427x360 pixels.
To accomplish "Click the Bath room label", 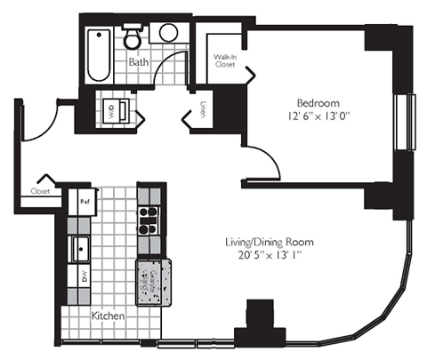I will [x=137, y=63].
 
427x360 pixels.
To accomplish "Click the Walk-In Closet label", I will [x=224, y=61].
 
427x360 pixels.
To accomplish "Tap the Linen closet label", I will [x=204, y=111].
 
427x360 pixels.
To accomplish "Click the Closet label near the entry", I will [x=41, y=190].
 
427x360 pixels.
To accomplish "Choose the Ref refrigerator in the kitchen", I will [x=85, y=201].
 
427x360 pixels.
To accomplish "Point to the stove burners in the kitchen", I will [x=148, y=217].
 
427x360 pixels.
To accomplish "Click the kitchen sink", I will [x=81, y=246].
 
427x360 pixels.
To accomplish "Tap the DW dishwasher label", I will [x=85, y=276].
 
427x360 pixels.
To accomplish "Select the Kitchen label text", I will [x=107, y=316].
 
